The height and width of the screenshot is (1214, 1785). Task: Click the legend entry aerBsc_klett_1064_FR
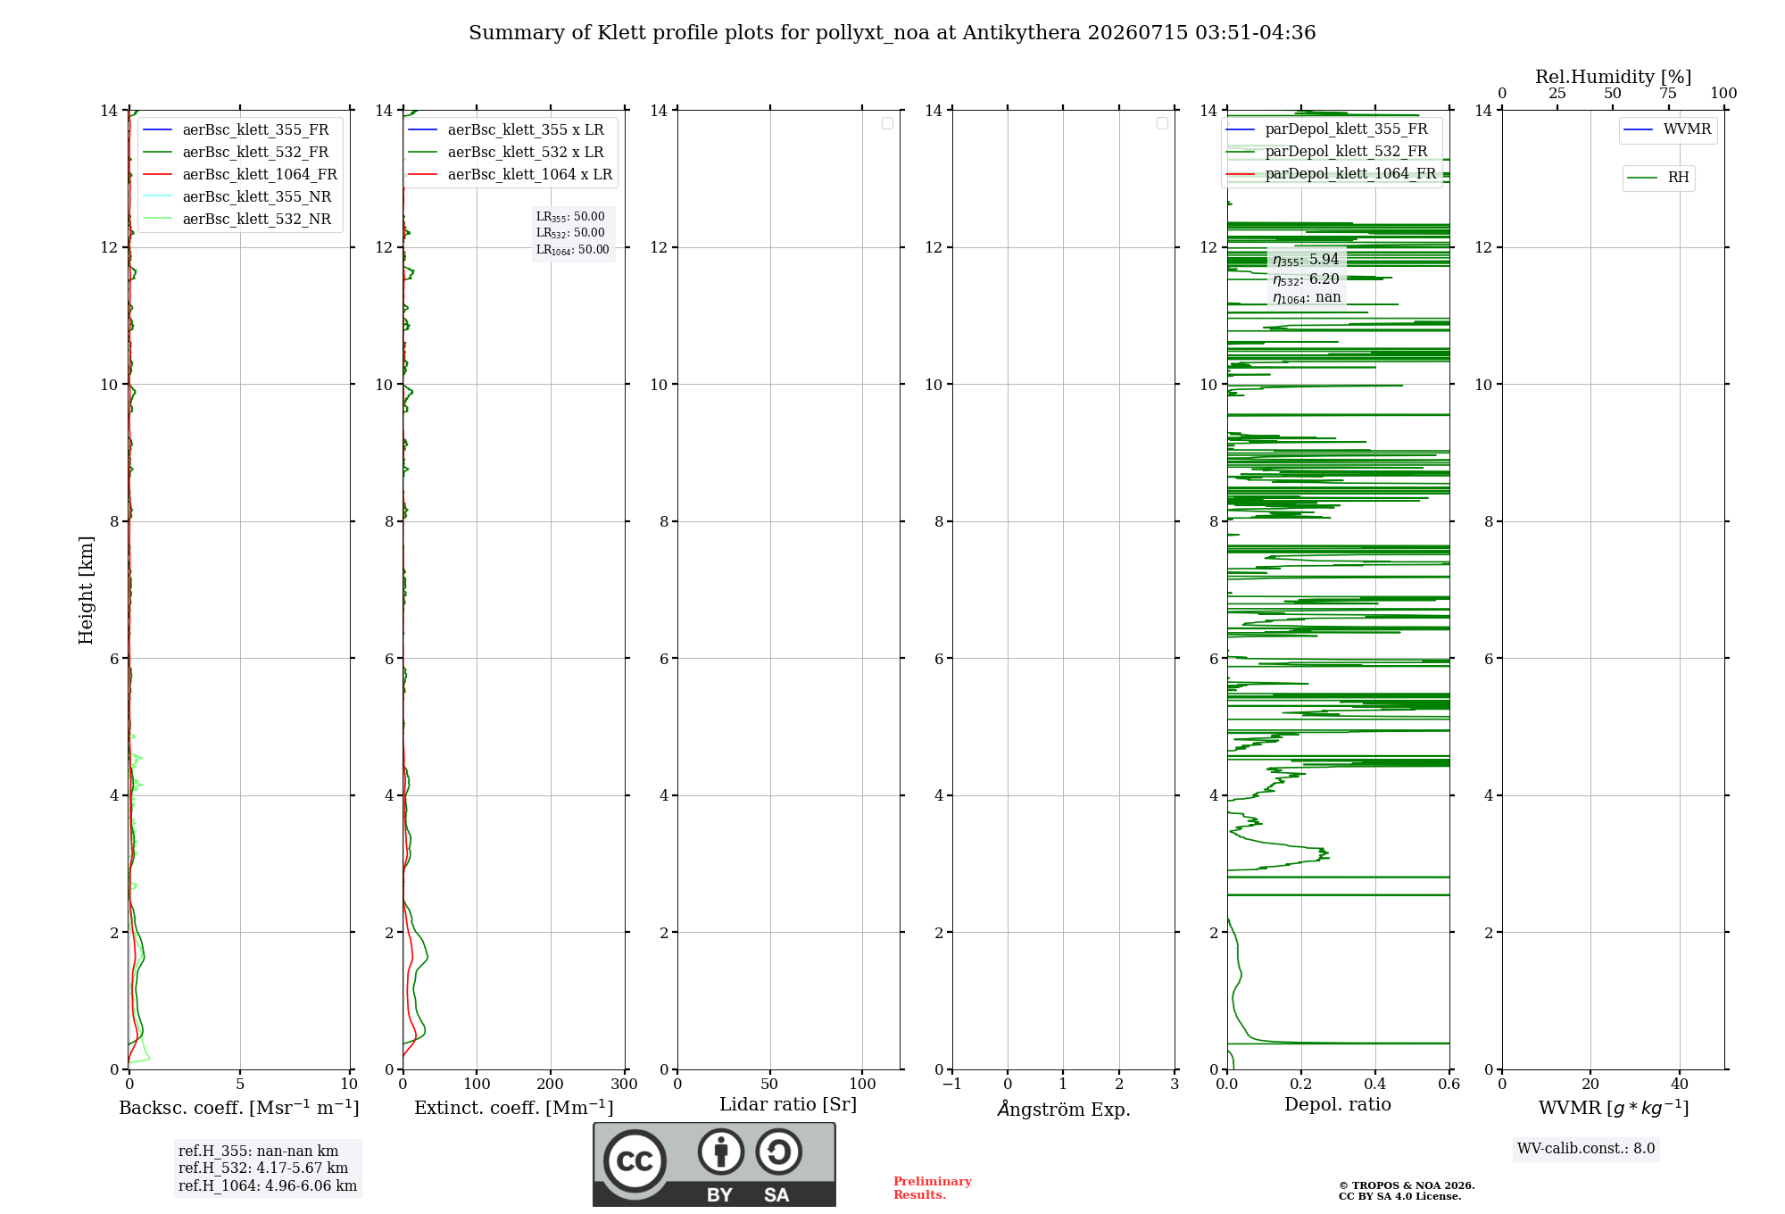pos(239,174)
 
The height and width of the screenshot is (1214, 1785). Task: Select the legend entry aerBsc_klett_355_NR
pos(237,196)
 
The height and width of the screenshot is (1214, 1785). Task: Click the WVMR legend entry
pos(1667,129)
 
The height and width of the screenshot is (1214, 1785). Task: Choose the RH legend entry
pos(1657,178)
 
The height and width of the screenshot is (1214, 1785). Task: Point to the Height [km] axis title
pos(86,589)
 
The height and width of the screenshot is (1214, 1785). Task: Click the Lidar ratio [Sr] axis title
pos(788,1104)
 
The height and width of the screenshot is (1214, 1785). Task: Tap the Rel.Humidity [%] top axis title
pos(1613,77)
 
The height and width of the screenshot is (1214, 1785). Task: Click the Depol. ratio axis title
pos(1338,1104)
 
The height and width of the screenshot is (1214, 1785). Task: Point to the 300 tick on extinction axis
pos(624,1084)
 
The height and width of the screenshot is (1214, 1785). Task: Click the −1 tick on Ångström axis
pos(952,1084)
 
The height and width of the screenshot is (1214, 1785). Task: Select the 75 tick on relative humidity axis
pos(1667,93)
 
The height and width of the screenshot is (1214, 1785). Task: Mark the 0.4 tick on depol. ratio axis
pos(1375,1084)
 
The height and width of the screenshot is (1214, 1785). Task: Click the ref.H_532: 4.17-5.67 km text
pos(263,1168)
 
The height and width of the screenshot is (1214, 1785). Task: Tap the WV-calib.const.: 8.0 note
pos(1586,1148)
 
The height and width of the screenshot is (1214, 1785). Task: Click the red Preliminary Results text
pos(933,1187)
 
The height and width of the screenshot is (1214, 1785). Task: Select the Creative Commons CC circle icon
pos(635,1161)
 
